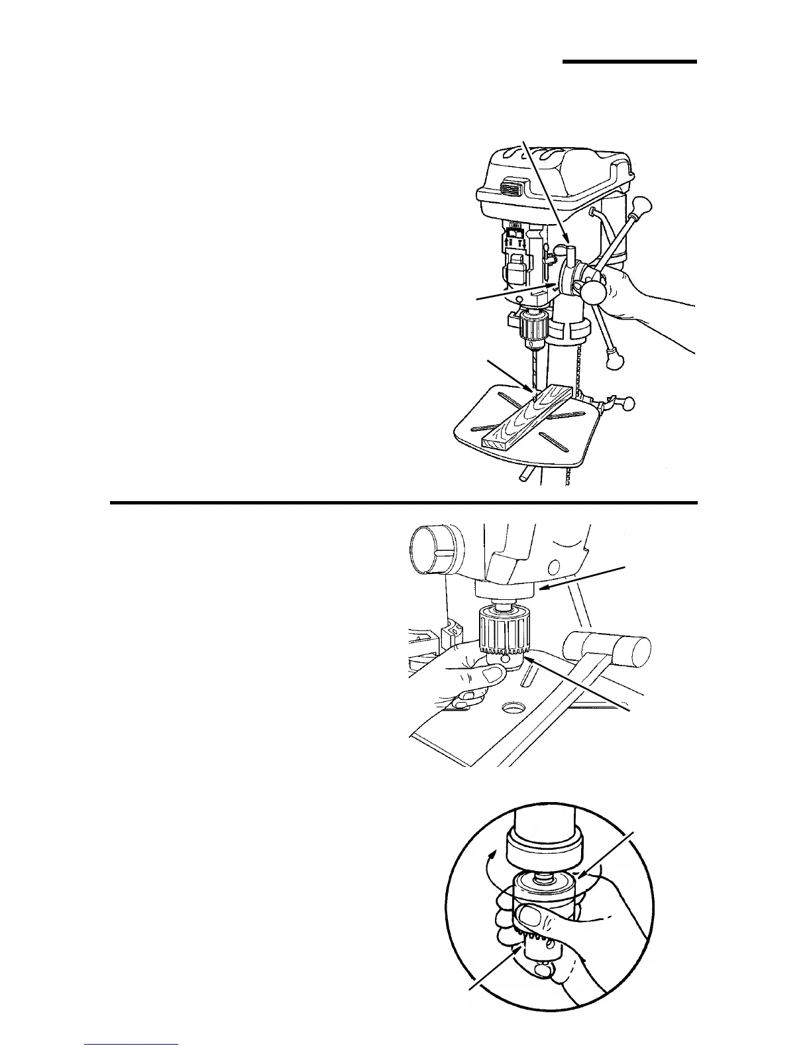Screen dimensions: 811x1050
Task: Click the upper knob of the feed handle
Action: pos(641,205)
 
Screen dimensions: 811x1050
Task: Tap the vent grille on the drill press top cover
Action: pos(513,189)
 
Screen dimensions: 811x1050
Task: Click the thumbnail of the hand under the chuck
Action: pos(492,675)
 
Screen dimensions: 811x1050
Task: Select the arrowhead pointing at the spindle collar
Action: pos(542,587)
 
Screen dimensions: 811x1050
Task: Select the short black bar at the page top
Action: pos(630,62)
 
